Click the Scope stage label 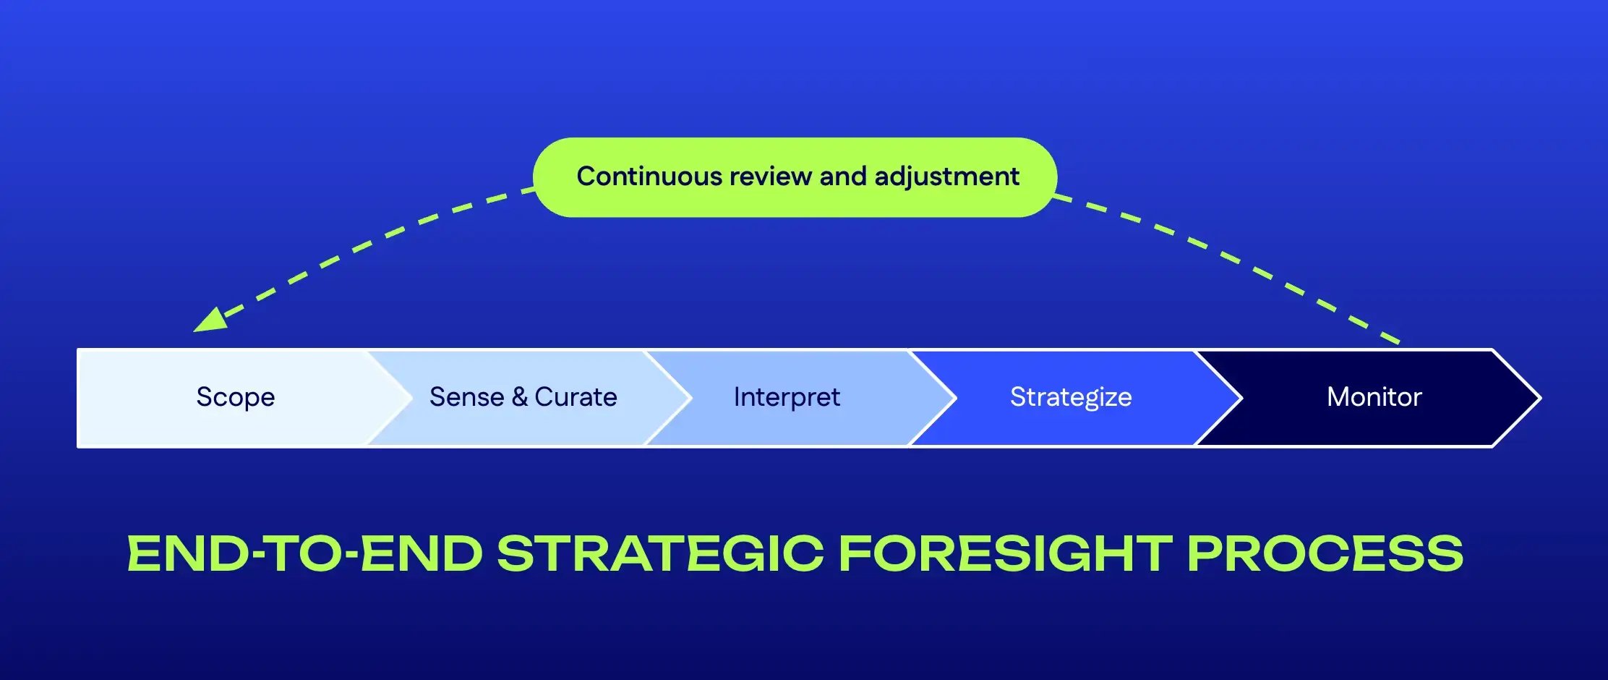tap(236, 397)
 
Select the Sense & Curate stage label tap(523, 397)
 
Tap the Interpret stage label tap(787, 397)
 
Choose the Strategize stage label tap(1071, 397)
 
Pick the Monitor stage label tap(1374, 397)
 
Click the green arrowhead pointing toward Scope tap(210, 320)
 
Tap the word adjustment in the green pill tap(946, 177)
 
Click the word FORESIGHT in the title tap(1005, 554)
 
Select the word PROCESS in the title tap(1325, 554)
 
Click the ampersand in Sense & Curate tap(519, 397)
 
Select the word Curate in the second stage tap(576, 397)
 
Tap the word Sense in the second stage tap(466, 397)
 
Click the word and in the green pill tap(842, 177)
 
